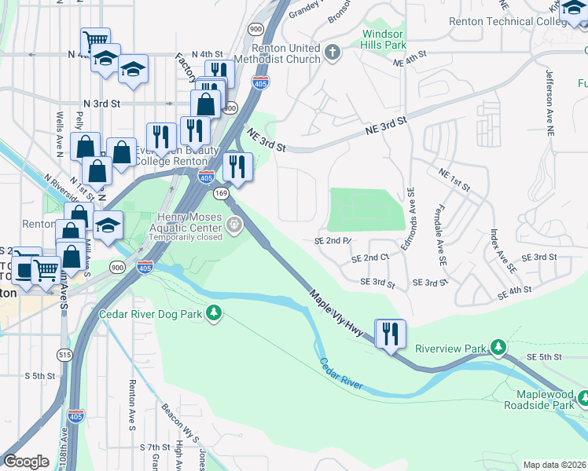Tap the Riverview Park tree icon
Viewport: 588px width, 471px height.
pos(497,347)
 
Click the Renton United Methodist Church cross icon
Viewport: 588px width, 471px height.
pos(332,53)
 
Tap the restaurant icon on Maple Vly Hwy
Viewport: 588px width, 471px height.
pos(389,334)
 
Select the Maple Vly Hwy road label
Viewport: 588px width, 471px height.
pos(336,314)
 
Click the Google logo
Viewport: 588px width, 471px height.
pos(26,462)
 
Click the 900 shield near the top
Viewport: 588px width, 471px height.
pos(255,29)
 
